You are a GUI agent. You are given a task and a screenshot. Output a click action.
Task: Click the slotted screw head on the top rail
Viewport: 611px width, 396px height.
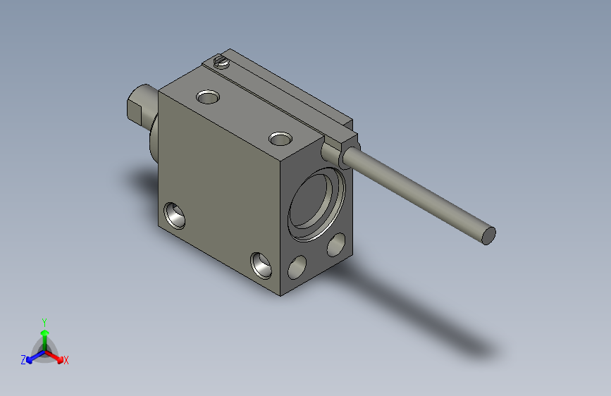click(x=222, y=62)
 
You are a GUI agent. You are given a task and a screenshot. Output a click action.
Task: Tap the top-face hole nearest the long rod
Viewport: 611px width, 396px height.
click(x=280, y=137)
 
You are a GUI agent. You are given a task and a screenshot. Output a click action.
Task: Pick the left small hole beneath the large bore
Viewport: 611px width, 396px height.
click(x=299, y=268)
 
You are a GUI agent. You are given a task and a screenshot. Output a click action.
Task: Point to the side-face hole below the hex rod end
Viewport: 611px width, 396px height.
click(x=174, y=215)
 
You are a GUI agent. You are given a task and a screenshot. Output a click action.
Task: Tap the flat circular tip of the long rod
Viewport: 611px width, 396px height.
click(x=488, y=235)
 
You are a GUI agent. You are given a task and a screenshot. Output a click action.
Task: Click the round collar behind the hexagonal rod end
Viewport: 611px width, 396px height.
click(x=153, y=137)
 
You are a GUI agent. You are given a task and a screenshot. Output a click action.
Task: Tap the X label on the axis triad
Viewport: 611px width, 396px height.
click(x=66, y=360)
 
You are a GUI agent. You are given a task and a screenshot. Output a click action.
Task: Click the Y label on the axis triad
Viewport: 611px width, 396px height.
click(x=44, y=321)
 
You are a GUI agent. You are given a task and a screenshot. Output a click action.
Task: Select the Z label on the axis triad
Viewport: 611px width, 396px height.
click(x=23, y=359)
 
